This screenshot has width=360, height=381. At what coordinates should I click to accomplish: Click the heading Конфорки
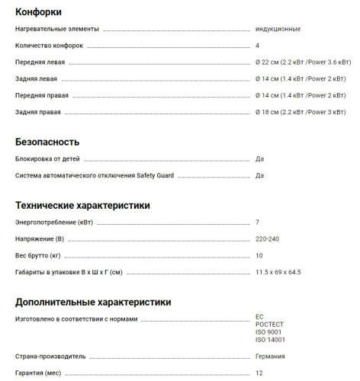pos(38,11)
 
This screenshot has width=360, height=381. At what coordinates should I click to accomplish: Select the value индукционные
pos(278,29)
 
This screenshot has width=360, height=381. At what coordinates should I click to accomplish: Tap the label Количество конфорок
pos(50,46)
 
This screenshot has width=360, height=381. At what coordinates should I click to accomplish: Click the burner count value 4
pos(258,46)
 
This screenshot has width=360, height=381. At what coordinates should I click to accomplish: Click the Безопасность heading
pos(47,142)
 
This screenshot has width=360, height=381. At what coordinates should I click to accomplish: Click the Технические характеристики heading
pos(82,205)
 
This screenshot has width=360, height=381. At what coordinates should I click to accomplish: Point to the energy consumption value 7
pos(258,223)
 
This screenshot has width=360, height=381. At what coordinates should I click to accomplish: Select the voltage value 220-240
pos(267,239)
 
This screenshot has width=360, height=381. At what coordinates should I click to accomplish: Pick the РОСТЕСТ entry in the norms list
pos(270,323)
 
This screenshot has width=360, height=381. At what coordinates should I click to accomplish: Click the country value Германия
pos(271,356)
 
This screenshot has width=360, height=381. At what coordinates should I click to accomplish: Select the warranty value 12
pos(259,373)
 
